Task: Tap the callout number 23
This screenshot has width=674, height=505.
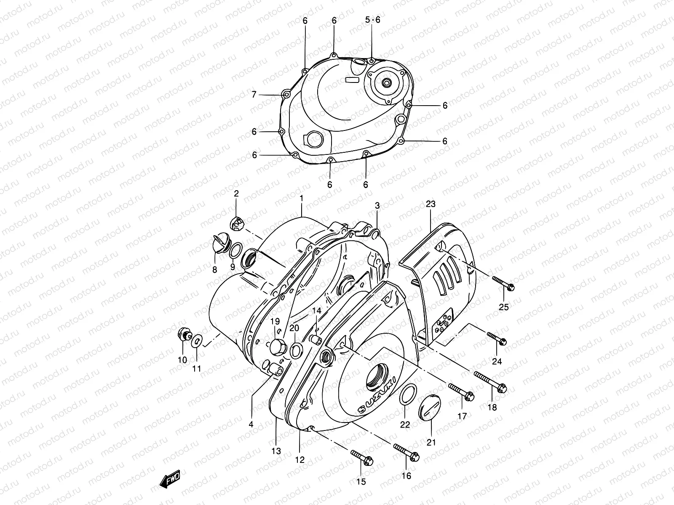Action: click(430, 204)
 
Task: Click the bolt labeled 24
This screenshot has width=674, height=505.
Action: click(497, 338)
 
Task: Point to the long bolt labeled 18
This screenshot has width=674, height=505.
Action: click(490, 382)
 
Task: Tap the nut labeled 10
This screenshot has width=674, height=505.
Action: click(184, 335)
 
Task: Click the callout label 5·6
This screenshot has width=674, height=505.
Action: click(372, 20)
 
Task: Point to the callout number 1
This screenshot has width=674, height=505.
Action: click(301, 198)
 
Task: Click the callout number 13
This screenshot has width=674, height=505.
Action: click(276, 452)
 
